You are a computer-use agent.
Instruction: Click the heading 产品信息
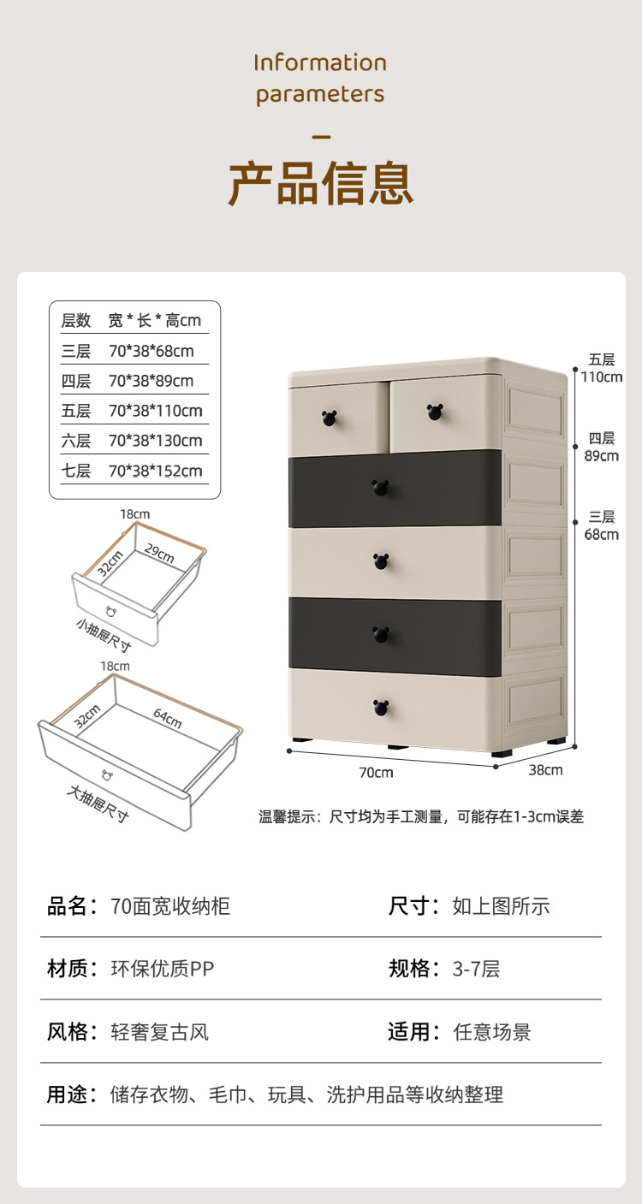coord(320,182)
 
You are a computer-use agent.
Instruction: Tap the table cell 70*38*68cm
coord(151,351)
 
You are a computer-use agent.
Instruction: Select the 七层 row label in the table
coord(75,471)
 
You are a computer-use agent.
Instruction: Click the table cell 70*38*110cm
coord(155,411)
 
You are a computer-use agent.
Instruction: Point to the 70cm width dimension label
coord(376,773)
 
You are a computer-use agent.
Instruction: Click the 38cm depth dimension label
coord(545,770)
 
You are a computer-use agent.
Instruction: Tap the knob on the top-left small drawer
coord(330,418)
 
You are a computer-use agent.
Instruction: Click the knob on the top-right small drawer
coord(434,412)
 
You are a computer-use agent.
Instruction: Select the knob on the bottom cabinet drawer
coord(381,708)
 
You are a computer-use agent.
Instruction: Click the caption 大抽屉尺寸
coord(98,804)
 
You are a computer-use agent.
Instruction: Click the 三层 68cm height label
coord(601,525)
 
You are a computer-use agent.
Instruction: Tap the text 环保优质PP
coord(163,969)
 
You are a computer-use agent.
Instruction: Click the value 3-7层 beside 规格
coord(476,969)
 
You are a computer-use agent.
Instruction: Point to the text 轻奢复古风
coord(160,1032)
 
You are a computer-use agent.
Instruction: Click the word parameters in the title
coord(320,94)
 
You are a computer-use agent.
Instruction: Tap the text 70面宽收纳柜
coord(170,906)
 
